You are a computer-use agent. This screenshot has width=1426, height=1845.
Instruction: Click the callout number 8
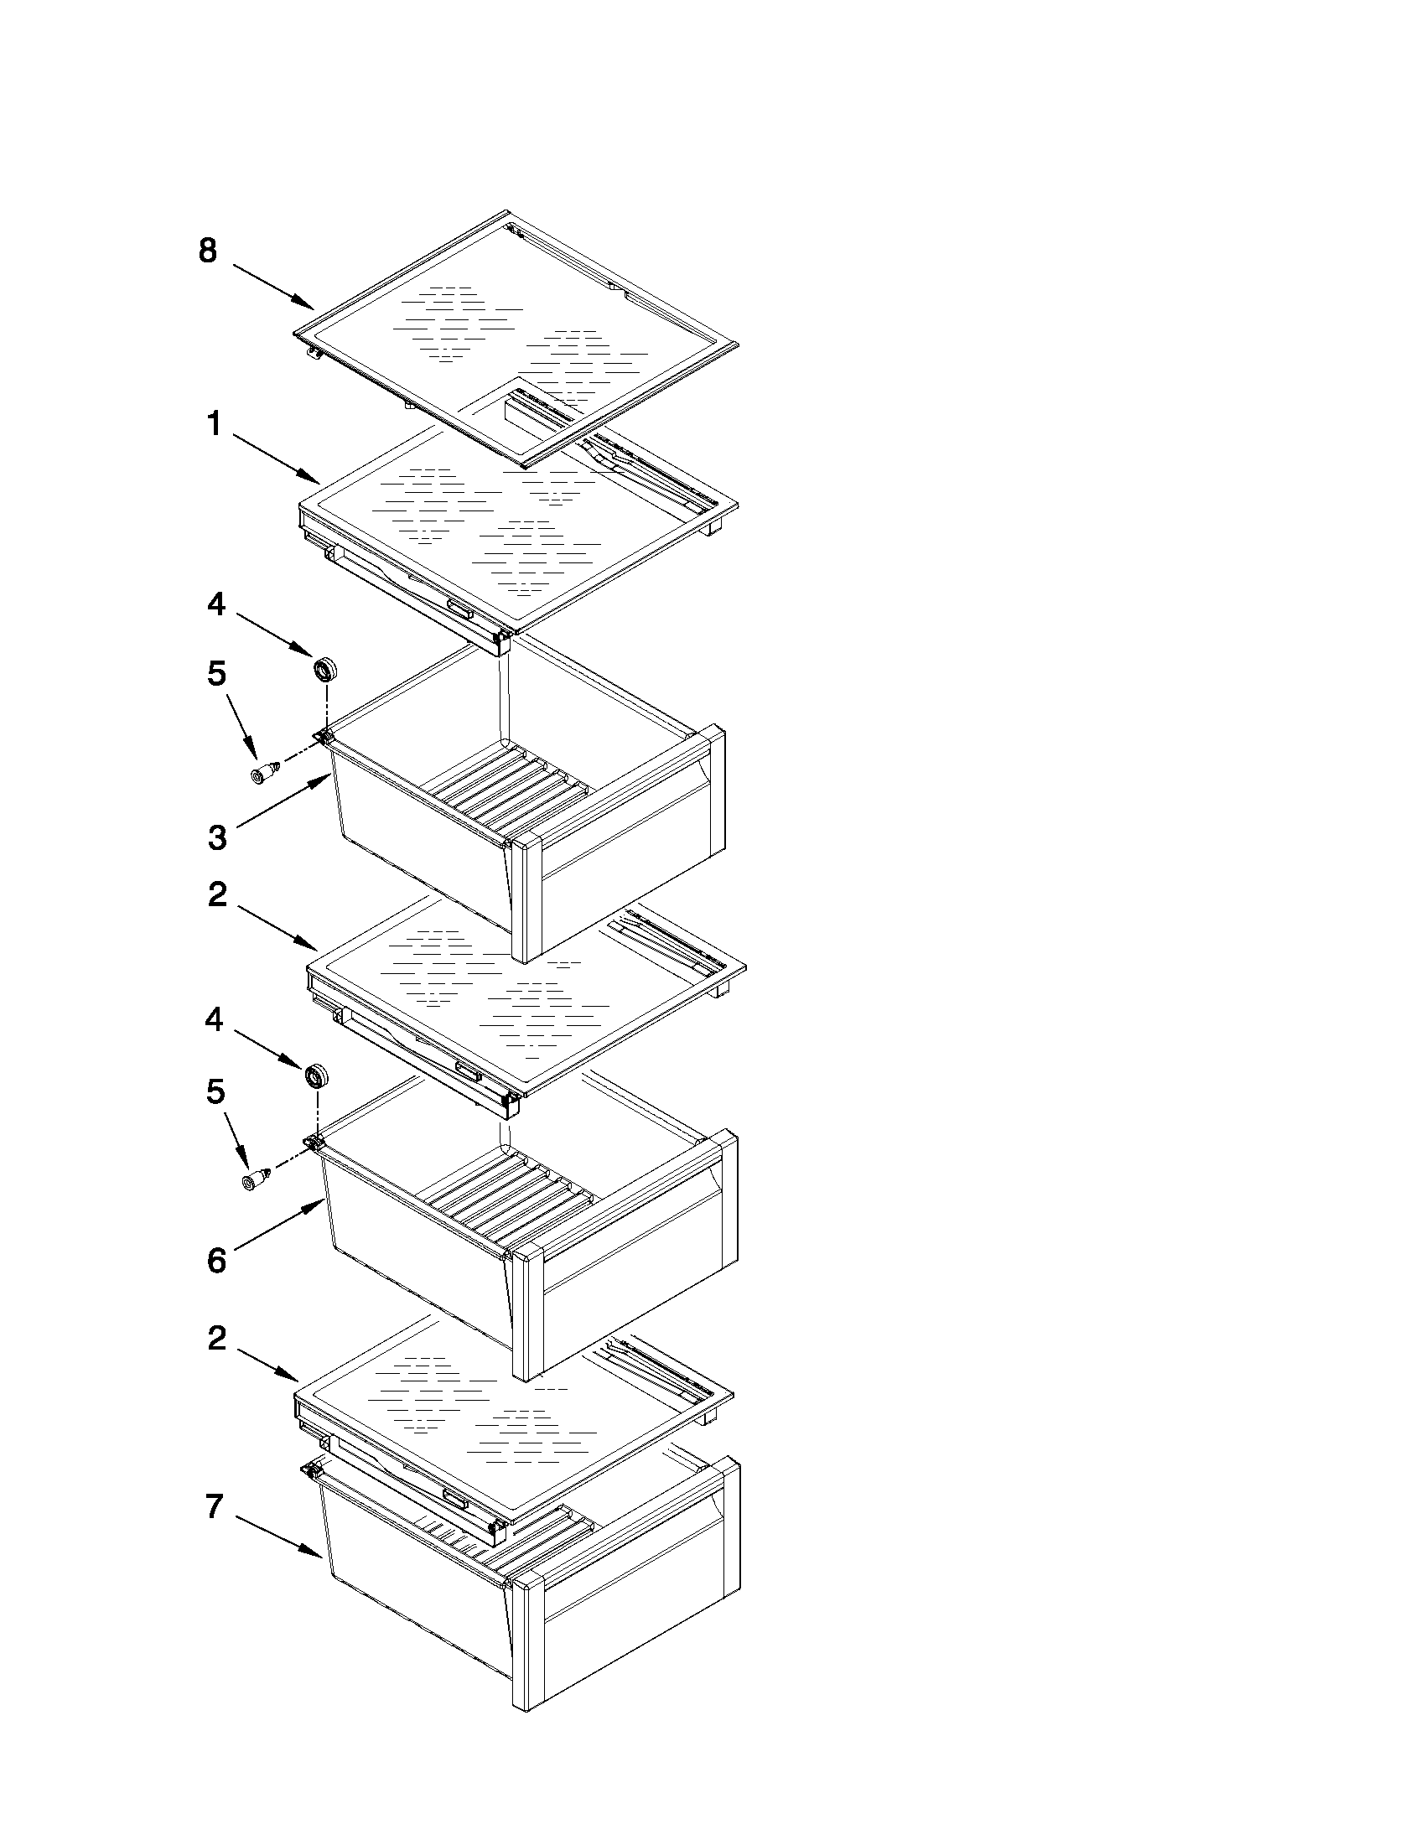208,251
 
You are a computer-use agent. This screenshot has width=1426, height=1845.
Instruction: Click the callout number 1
215,424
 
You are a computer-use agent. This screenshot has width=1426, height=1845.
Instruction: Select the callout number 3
217,837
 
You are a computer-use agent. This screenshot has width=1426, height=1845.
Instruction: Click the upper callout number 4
217,604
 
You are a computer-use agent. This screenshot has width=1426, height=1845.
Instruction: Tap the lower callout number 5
216,1092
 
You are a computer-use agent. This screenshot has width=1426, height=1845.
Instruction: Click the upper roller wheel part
324,670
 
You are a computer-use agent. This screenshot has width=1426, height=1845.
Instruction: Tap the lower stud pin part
256,1180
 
